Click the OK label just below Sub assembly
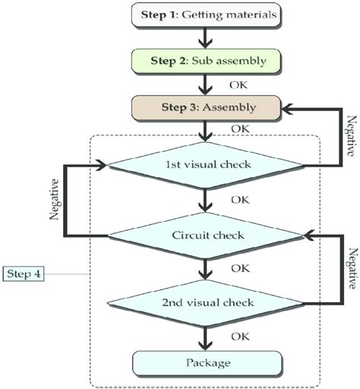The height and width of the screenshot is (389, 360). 238,83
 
